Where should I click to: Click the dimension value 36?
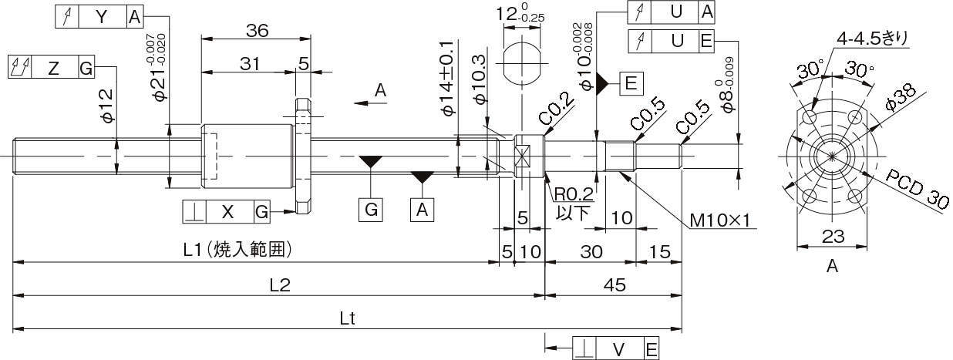257,30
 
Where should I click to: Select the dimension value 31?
249,65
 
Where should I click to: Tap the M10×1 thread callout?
721,221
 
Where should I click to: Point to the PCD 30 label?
916,189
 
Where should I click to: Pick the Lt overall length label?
347,317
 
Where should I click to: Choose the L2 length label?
279,284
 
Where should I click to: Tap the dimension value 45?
614,284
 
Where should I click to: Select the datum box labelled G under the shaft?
371,210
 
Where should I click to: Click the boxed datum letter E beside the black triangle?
630,84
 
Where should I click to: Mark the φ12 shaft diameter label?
107,106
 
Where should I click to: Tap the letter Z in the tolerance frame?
53,67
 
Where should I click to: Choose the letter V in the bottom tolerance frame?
618,349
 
